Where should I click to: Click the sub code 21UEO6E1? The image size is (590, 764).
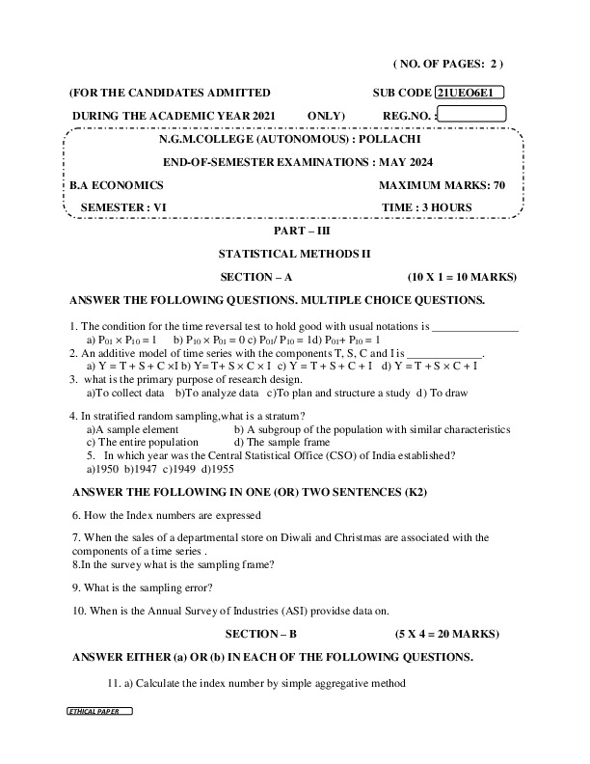[x=469, y=93]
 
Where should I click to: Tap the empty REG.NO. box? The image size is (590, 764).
[x=471, y=115]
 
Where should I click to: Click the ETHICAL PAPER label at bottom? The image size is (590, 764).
[x=99, y=710]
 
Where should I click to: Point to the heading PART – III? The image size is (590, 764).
[x=295, y=231]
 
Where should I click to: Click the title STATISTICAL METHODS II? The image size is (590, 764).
[x=295, y=254]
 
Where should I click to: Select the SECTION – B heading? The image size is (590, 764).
[x=261, y=635]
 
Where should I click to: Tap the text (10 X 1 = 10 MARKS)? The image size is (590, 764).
[x=462, y=277]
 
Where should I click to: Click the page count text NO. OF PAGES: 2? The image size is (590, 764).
[x=448, y=64]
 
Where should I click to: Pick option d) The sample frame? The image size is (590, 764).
[x=280, y=442]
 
